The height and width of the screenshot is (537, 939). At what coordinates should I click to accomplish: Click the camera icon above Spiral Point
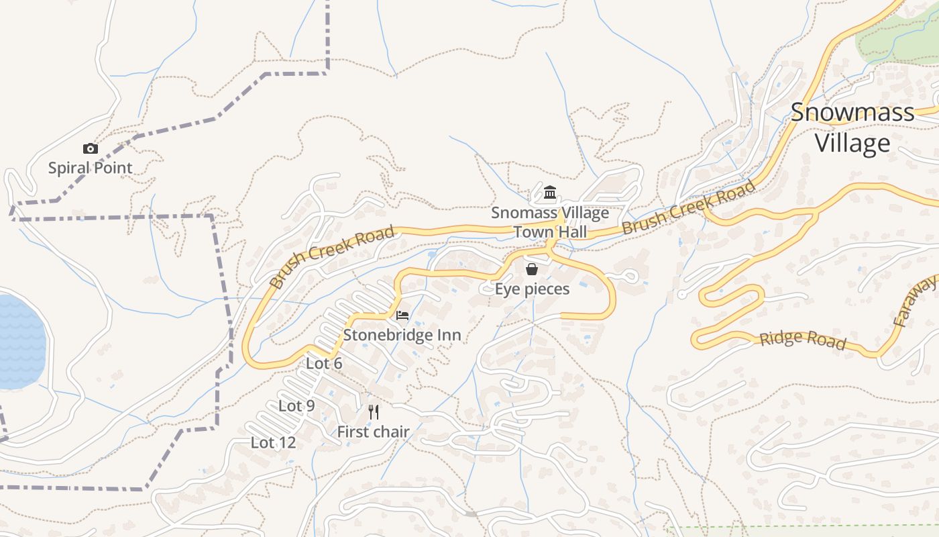[x=91, y=148]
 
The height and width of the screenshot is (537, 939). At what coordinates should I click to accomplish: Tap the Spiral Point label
[x=91, y=168]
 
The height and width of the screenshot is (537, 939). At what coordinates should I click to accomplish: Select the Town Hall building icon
[x=550, y=193]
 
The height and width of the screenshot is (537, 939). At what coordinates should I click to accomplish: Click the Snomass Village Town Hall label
[x=550, y=222]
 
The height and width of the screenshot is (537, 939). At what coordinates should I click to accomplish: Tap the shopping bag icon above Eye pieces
[x=532, y=269]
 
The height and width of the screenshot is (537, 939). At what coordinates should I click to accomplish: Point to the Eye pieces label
[x=532, y=289]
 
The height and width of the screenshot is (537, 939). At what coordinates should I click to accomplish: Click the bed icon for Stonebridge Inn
[x=402, y=315]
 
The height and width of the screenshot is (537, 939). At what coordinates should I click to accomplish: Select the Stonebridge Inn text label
[x=402, y=335]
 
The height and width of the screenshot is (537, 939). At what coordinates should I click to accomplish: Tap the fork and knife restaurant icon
[x=374, y=411]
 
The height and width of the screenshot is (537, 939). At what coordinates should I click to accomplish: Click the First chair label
[x=373, y=432]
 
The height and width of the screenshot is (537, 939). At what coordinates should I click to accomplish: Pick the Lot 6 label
[x=324, y=364]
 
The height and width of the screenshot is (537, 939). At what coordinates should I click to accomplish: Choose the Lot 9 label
[x=296, y=406]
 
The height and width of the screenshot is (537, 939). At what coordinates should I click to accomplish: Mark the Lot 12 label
[x=273, y=443]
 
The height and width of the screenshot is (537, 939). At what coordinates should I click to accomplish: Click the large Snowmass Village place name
[x=852, y=128]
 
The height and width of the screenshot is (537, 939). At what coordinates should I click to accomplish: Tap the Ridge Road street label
[x=802, y=340]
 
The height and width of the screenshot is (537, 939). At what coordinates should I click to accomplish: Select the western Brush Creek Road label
[x=331, y=258]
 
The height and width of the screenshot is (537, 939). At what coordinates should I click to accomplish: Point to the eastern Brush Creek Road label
[x=688, y=207]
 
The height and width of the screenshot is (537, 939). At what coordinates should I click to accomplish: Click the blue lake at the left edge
[x=20, y=342]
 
